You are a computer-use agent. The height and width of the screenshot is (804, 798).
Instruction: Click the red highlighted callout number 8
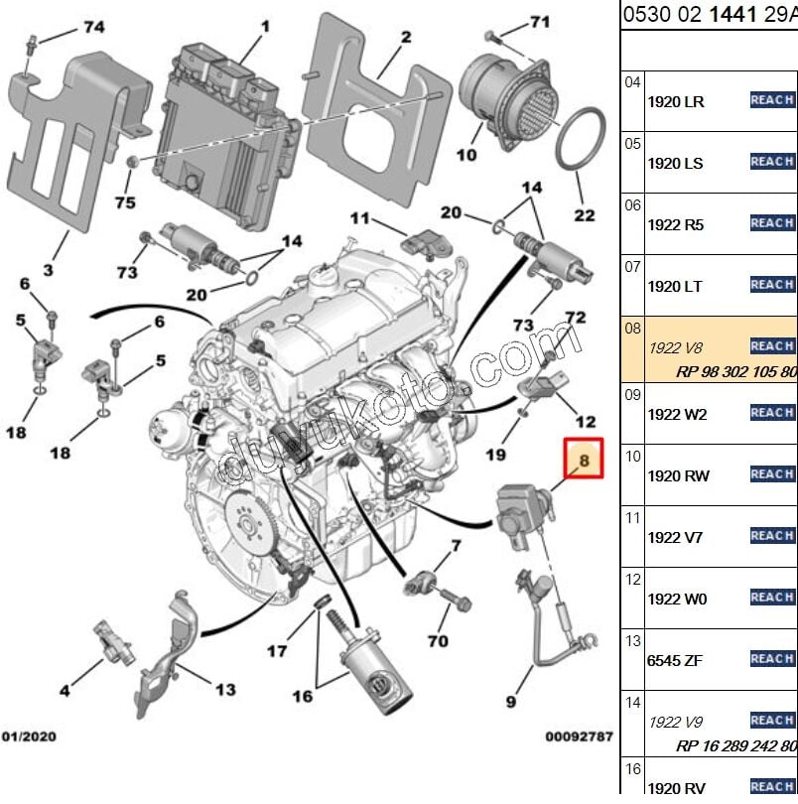pyautogui.click(x=584, y=460)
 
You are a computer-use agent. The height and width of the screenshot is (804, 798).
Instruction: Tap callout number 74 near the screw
pyautogui.click(x=93, y=27)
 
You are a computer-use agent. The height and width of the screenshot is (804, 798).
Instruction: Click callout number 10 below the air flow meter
pyautogui.click(x=466, y=155)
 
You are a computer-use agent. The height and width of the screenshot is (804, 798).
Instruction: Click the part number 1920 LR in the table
pyautogui.click(x=677, y=102)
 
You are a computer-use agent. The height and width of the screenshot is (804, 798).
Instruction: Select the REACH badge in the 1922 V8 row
pyautogui.click(x=771, y=345)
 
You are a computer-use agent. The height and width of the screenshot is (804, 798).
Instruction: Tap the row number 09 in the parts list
pyautogui.click(x=632, y=394)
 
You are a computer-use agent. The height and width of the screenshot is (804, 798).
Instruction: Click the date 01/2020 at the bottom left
pyautogui.click(x=31, y=737)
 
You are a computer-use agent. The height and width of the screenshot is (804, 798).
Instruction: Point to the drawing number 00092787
pyautogui.click(x=579, y=737)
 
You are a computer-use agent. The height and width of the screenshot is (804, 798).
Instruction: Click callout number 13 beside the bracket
pyautogui.click(x=225, y=688)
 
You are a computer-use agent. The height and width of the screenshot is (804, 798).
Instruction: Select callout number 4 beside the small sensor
pyautogui.click(x=65, y=689)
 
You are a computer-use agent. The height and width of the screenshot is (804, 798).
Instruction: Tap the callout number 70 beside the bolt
pyautogui.click(x=438, y=641)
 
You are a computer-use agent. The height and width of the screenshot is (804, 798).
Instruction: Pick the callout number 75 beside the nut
pyautogui.click(x=125, y=202)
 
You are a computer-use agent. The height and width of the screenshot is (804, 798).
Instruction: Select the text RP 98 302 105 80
pyautogui.click(x=735, y=371)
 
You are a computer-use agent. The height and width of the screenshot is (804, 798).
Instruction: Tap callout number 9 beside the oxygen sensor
pyautogui.click(x=511, y=702)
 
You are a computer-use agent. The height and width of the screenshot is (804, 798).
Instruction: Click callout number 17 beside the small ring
pyautogui.click(x=277, y=651)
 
